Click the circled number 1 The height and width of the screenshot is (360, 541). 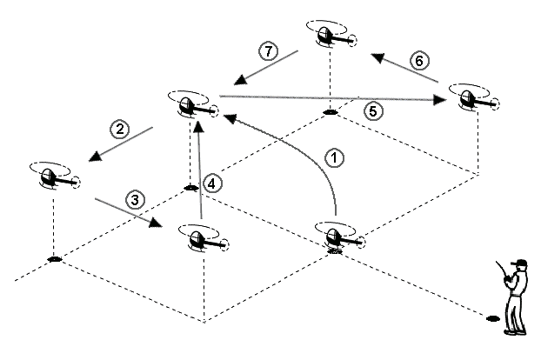(333, 158)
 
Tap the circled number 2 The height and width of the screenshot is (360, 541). (120, 130)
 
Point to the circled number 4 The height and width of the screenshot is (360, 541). (214, 183)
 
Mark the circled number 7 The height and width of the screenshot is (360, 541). (269, 51)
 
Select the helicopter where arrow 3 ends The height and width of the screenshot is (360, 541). (201, 237)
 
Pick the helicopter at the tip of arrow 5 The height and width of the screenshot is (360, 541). (472, 98)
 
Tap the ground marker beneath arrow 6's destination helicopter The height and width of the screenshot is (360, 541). (331, 112)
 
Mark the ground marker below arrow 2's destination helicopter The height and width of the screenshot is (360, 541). (54, 258)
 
